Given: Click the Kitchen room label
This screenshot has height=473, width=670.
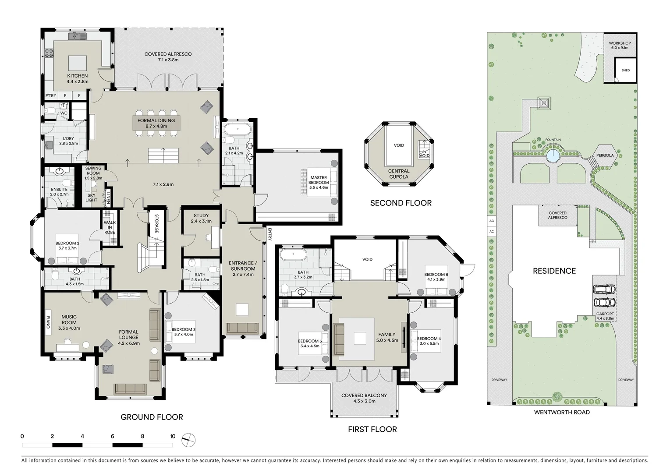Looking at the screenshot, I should pyautogui.click(x=77, y=78).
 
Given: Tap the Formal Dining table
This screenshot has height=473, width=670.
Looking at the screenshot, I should pyautogui.click(x=156, y=123).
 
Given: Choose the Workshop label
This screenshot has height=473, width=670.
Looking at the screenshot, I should pyautogui.click(x=620, y=45).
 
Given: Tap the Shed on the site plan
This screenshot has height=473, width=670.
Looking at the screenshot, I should pyautogui.click(x=625, y=71).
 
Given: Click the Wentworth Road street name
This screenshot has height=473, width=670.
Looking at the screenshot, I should pyautogui.click(x=562, y=412).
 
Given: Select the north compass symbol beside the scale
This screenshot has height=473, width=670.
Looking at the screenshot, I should pyautogui.click(x=188, y=439).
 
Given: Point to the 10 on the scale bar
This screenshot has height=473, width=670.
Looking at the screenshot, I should pyautogui.click(x=173, y=436).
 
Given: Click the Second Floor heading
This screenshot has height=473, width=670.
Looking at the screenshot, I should pyautogui.click(x=401, y=203).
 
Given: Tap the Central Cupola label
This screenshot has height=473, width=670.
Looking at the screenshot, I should pyautogui.click(x=399, y=174).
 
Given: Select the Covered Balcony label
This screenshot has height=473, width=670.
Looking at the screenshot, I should pyautogui.click(x=364, y=398).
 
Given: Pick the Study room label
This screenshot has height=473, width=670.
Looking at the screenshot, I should pyautogui.click(x=201, y=218).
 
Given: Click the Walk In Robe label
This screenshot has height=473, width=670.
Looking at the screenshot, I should pyautogui.click(x=110, y=227).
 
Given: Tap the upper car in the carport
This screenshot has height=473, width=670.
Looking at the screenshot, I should pyautogui.click(x=604, y=289).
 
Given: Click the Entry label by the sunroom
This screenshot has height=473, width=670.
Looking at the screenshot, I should pyautogui.click(x=269, y=234).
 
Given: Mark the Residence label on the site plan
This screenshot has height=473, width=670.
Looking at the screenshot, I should pyautogui.click(x=554, y=271).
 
